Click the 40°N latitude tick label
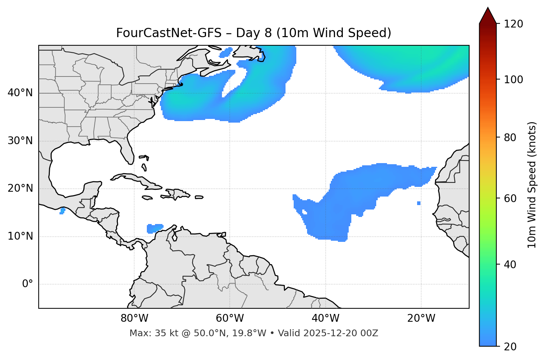point(20,93)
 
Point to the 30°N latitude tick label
point(20,141)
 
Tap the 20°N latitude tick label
point(20,188)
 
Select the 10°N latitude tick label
point(20,236)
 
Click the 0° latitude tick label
point(27,284)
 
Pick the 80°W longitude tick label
point(134,318)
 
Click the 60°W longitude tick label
point(230,318)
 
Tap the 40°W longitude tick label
point(325,318)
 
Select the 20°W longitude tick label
point(421,318)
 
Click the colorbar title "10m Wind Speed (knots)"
point(532,185)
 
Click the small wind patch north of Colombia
point(155,228)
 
